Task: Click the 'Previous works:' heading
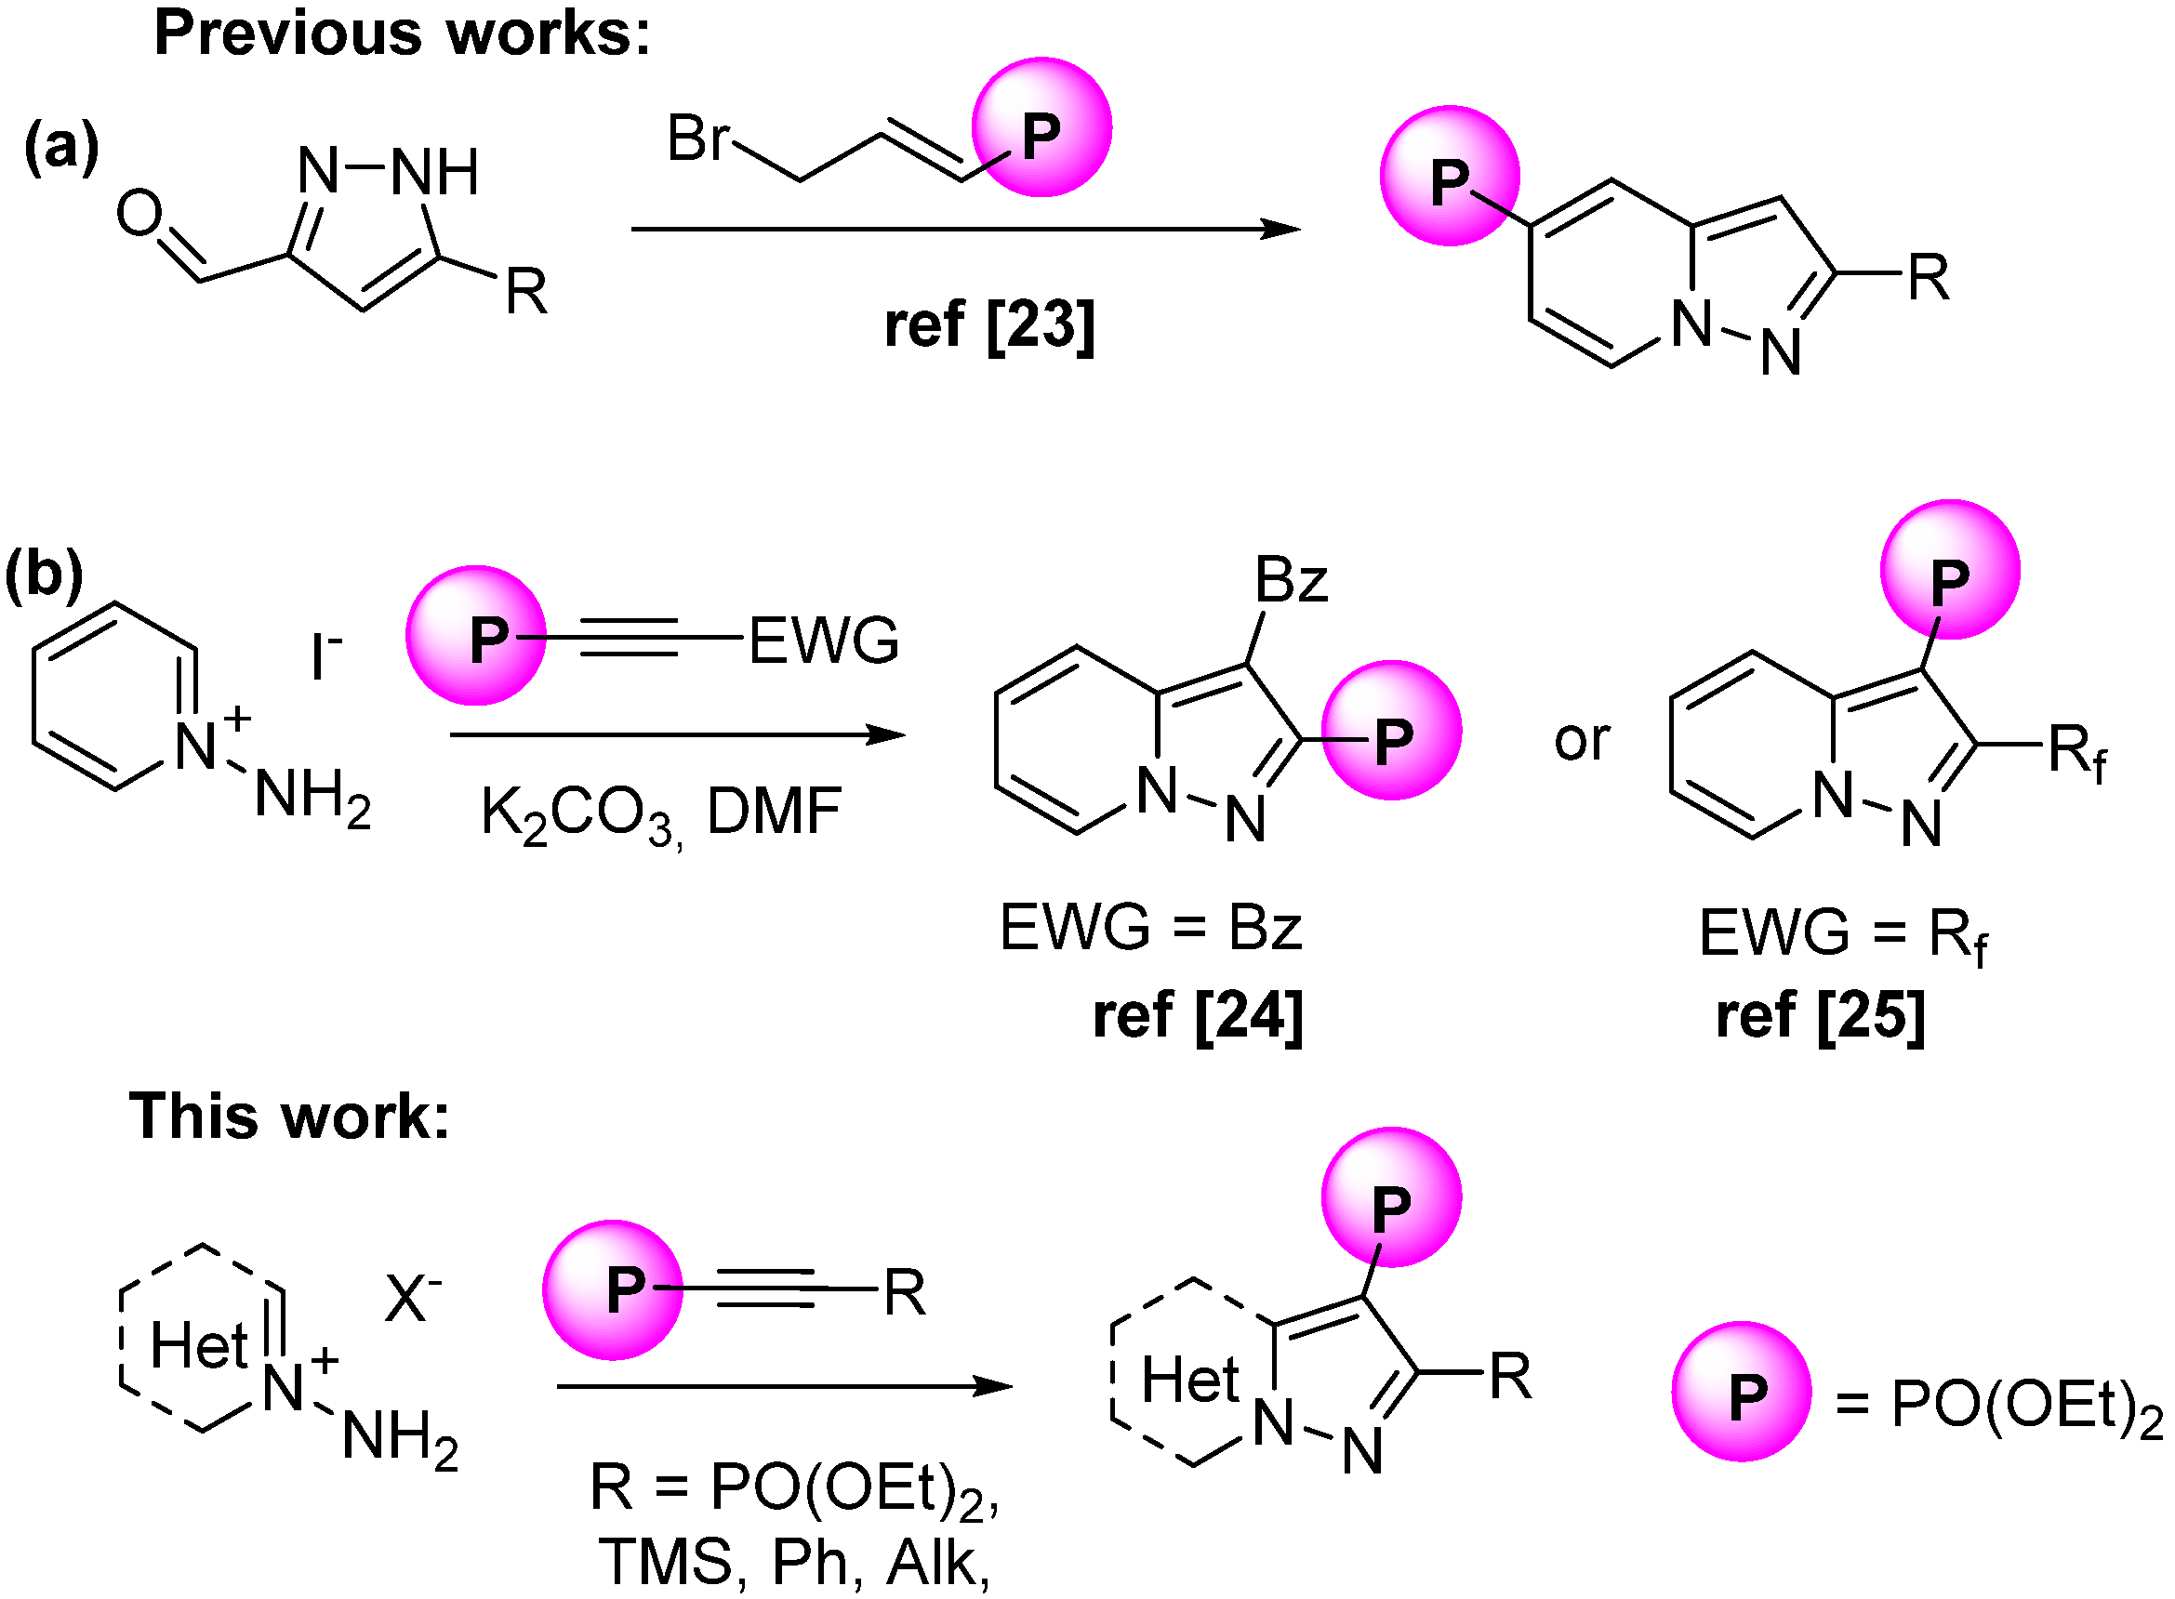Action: tap(402, 33)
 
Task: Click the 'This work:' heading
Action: tap(289, 1116)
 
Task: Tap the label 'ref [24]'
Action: tap(1198, 1015)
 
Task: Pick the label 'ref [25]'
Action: tap(1820, 1015)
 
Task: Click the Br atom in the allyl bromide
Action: tap(696, 139)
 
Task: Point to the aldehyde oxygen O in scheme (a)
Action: tap(139, 213)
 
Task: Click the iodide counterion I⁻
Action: tap(325, 655)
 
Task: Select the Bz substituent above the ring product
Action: tap(1291, 581)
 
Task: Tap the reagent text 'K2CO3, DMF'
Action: tap(661, 813)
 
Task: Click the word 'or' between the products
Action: tap(1582, 740)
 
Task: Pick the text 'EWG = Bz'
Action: tap(1150, 927)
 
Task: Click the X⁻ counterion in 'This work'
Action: tap(411, 1297)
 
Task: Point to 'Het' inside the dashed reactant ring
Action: tap(199, 1346)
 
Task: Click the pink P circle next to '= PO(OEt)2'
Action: tap(1741, 1393)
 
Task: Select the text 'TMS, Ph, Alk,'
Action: tap(794, 1561)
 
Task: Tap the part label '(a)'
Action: tap(61, 147)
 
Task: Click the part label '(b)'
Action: tap(44, 574)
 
